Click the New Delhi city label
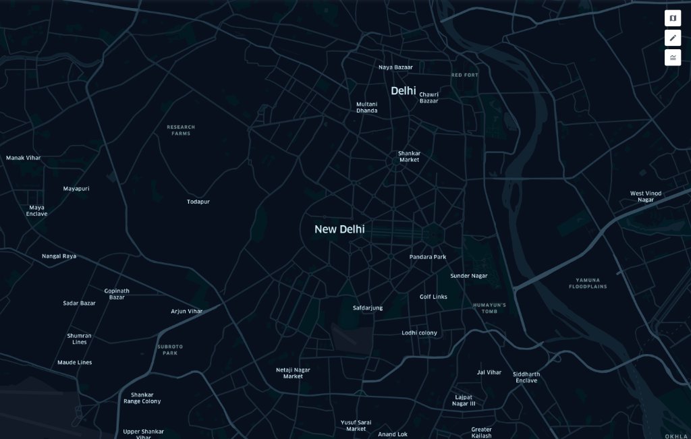[x=339, y=229]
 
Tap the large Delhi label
[x=404, y=90]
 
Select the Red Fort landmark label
[x=464, y=75]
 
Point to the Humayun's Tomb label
[x=489, y=308]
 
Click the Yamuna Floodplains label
[x=591, y=283]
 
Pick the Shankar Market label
[x=409, y=156]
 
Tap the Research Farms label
[x=181, y=130]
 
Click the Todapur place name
[x=198, y=202]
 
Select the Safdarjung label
[x=368, y=308]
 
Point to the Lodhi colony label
[x=419, y=333]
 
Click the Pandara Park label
[x=428, y=257]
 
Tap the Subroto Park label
[x=170, y=349]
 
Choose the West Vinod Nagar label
[x=646, y=196]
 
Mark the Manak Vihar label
[x=24, y=158]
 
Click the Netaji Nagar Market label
[x=293, y=373]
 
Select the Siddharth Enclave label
[x=526, y=377]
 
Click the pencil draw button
[x=673, y=38]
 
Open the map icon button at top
[x=673, y=18]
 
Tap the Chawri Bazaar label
[x=429, y=98]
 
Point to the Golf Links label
[x=433, y=297]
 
